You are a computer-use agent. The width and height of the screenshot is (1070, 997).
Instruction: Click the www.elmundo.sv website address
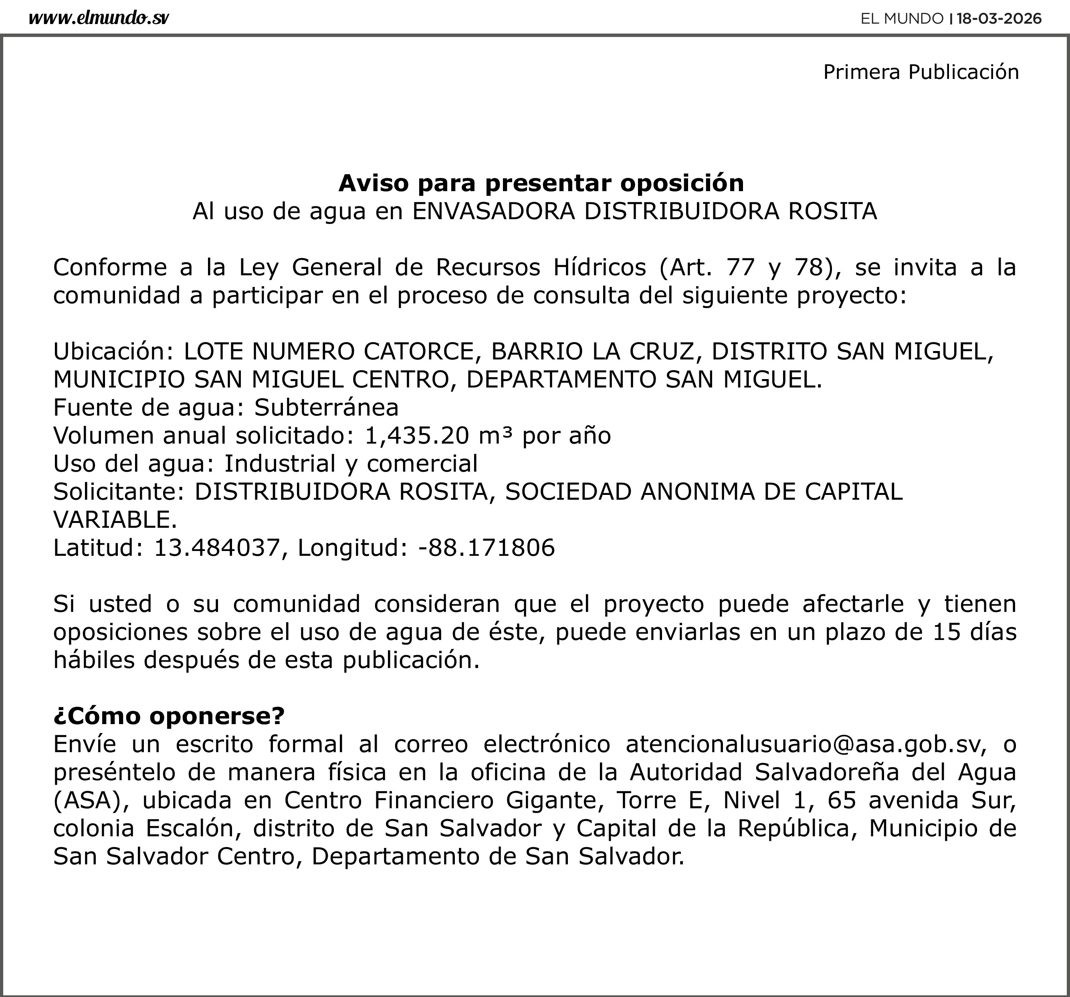pyautogui.click(x=99, y=18)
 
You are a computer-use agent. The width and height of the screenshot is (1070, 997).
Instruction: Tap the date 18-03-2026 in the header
pyautogui.click(x=999, y=19)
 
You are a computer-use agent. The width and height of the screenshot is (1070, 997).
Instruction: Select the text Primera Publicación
pyautogui.click(x=921, y=72)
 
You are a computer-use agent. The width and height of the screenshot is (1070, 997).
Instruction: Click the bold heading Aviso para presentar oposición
pyautogui.click(x=541, y=183)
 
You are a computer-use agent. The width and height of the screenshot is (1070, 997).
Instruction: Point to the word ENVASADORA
pyautogui.click(x=494, y=212)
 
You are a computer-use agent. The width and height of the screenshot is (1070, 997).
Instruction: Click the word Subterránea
pyautogui.click(x=326, y=408)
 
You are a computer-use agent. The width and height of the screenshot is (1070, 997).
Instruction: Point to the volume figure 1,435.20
pyautogui.click(x=417, y=436)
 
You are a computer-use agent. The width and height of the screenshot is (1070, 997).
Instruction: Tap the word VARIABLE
pyautogui.click(x=115, y=519)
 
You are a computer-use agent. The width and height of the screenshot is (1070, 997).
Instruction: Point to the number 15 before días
pyautogui.click(x=946, y=632)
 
